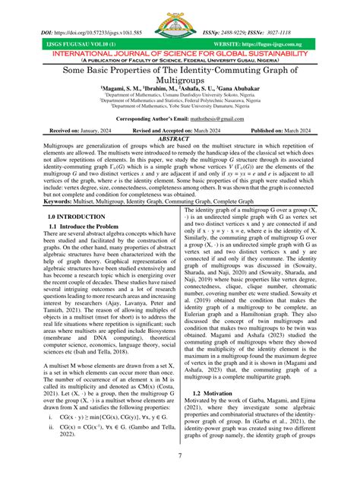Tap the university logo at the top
point(180,21)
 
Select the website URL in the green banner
point(295,46)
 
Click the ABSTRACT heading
point(180,138)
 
